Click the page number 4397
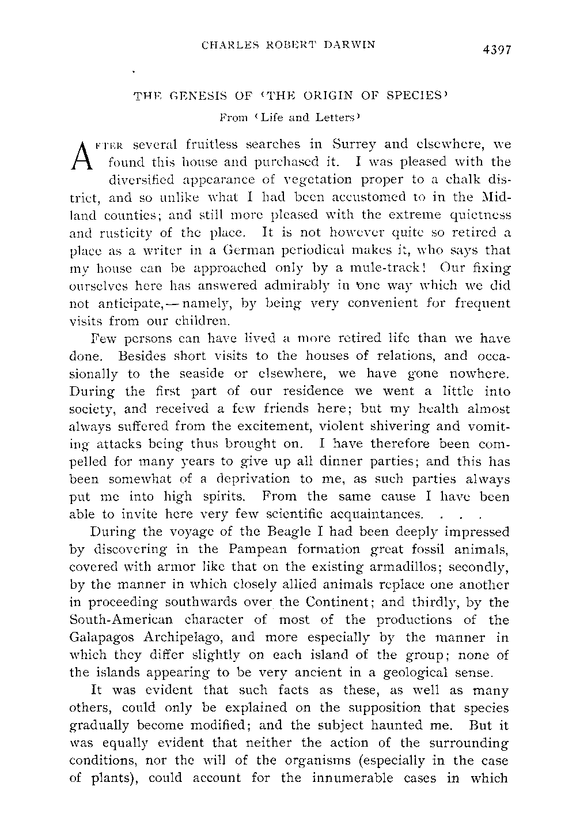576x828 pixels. [x=494, y=49]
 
